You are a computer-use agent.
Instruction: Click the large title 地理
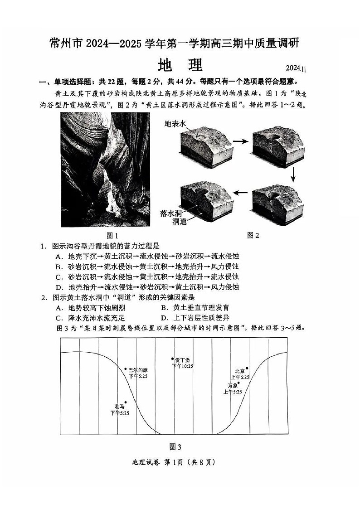(180, 66)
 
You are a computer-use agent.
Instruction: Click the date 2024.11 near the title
(297, 68)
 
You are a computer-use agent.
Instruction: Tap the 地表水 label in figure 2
(175, 123)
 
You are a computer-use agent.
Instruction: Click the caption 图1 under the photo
(112, 236)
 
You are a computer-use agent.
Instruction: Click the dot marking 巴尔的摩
(126, 369)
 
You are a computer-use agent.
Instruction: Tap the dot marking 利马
(126, 402)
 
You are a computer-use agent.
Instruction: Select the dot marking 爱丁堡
(172, 359)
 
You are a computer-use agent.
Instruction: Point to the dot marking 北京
(247, 368)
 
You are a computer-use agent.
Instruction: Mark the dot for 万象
(239, 383)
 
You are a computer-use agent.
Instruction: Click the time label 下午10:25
(182, 366)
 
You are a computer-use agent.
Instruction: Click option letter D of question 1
(58, 287)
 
